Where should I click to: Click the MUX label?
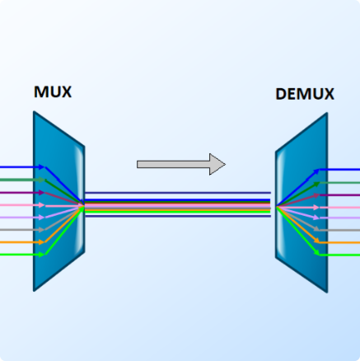coord(52,91)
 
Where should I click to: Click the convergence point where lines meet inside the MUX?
coord(82,205)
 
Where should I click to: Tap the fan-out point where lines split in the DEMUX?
coord(278,205)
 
